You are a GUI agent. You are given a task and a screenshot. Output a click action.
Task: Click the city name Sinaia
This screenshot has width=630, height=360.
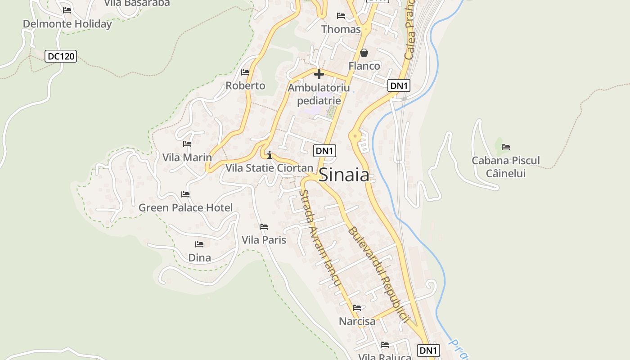344,175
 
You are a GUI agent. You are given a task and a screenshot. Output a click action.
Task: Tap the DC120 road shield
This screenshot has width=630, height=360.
61,57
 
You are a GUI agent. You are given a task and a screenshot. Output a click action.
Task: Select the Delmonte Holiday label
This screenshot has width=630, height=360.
67,24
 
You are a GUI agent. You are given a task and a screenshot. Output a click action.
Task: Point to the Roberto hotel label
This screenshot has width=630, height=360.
245,85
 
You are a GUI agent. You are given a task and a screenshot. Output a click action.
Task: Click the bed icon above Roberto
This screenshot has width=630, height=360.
245,72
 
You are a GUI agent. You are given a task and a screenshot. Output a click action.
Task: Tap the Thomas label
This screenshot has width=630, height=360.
341,29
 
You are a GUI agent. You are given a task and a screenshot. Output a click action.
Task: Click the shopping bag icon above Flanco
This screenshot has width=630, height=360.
364,53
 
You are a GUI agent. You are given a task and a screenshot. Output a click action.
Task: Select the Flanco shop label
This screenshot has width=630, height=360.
364,66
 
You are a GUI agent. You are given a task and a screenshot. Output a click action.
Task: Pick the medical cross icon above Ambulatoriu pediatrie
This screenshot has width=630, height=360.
319,74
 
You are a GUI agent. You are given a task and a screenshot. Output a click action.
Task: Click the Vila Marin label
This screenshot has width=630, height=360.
187,157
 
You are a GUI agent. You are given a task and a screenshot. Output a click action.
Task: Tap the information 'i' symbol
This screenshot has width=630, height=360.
270,155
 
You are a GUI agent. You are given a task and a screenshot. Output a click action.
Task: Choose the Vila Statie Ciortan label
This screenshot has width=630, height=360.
269,168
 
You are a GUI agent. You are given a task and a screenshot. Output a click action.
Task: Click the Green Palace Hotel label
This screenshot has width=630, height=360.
185,207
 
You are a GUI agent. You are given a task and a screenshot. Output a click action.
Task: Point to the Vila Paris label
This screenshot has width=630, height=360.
264,240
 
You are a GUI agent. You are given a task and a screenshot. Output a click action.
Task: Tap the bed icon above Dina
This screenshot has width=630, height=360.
199,244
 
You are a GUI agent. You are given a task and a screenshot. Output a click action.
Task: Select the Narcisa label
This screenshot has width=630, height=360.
357,321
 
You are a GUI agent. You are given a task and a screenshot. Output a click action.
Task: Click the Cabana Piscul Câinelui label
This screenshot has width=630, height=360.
506,166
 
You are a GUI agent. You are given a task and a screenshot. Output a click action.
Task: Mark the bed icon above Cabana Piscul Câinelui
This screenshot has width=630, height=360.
506,147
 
